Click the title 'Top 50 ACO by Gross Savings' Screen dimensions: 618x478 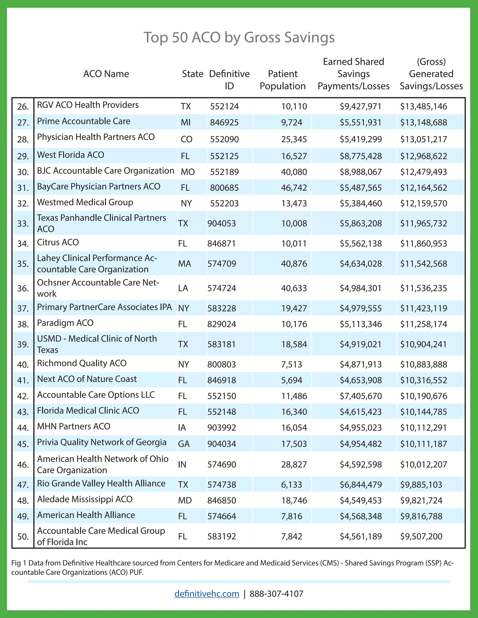click(239, 37)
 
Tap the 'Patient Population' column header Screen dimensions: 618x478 click(283, 80)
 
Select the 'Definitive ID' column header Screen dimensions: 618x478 click(229, 80)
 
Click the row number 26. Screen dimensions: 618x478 click(23, 107)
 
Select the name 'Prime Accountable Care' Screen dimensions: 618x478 click(84, 122)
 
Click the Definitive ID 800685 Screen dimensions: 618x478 click(224, 187)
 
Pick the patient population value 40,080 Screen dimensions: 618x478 click(294, 172)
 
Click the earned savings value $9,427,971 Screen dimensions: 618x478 click(360, 106)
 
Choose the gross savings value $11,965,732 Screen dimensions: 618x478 click(423, 223)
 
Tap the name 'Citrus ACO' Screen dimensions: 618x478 click(58, 242)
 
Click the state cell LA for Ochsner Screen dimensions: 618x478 click(183, 288)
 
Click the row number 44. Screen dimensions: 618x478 click(23, 427)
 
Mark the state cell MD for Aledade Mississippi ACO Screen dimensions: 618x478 click(185, 500)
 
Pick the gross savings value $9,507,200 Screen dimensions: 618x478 click(421, 536)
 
